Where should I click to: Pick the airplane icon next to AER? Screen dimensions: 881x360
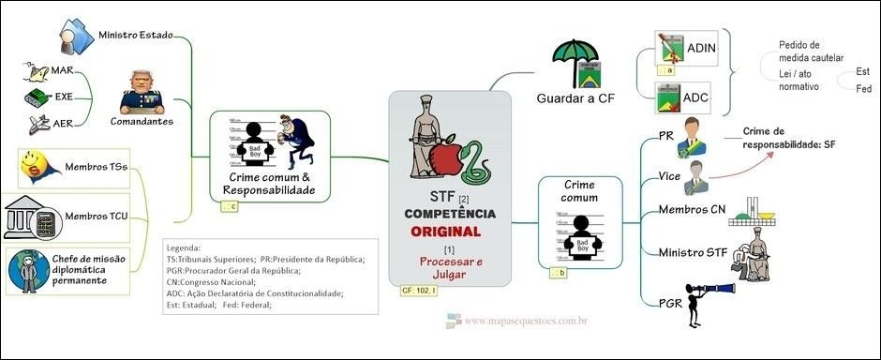pyautogui.click(x=38, y=123)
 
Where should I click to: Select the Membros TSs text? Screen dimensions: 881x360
pyautogui.click(x=97, y=168)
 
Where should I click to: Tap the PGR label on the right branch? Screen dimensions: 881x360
pyautogui.click(x=670, y=303)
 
